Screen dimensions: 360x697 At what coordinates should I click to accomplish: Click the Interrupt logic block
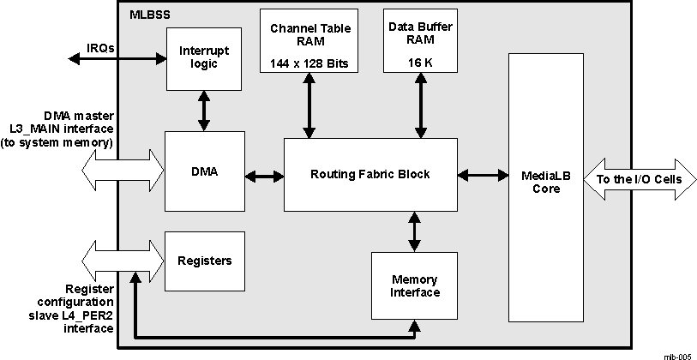click(x=204, y=57)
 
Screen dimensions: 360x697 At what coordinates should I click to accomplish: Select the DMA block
click(x=204, y=172)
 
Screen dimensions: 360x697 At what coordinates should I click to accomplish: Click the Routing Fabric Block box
click(x=370, y=175)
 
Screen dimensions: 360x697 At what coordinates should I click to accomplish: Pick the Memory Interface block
click(x=415, y=285)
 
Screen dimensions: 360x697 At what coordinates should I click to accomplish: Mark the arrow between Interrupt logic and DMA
click(x=204, y=111)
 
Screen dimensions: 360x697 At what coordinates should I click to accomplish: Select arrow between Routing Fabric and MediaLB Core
click(x=482, y=176)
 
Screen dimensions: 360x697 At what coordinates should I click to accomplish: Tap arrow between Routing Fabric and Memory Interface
click(x=415, y=231)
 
